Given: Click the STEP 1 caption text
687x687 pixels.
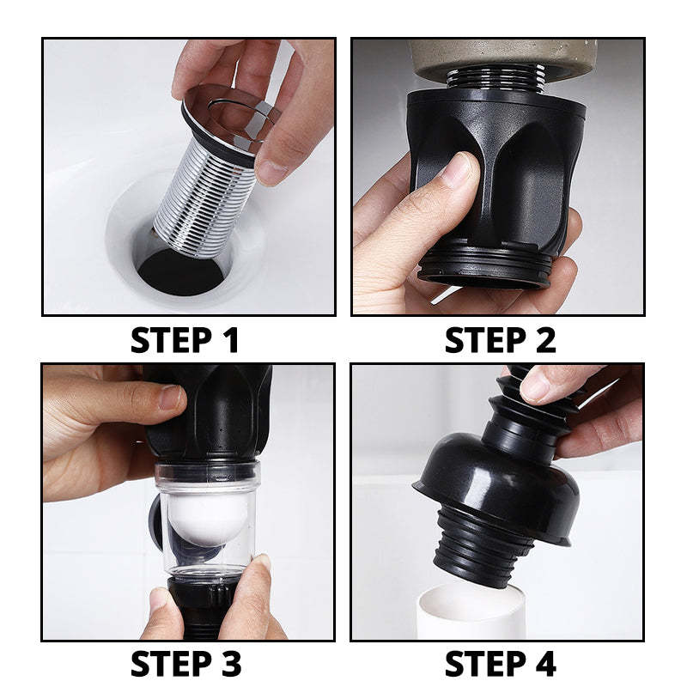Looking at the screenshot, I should [x=185, y=340].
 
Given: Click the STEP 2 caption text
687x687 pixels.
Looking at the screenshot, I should [x=500, y=340].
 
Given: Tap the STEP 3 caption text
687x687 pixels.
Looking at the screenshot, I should [x=185, y=664].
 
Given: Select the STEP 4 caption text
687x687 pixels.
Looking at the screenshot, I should [x=500, y=664].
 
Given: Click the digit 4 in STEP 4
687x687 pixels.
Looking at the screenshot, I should [x=544, y=664].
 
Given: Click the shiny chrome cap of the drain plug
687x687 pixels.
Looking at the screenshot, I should [x=228, y=116].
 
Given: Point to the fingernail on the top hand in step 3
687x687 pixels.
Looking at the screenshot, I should [x=171, y=397].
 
